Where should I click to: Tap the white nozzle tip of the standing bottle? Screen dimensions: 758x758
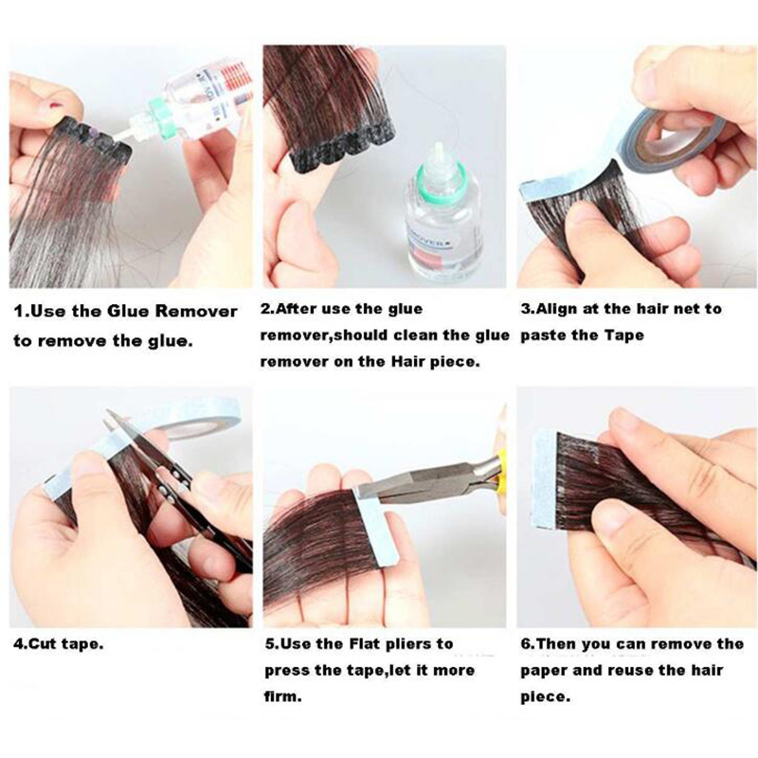tap(440, 149)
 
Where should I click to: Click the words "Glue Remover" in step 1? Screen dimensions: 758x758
tap(171, 311)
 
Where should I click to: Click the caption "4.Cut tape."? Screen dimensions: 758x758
tap(59, 644)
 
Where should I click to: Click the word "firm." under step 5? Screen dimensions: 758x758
tap(282, 697)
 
